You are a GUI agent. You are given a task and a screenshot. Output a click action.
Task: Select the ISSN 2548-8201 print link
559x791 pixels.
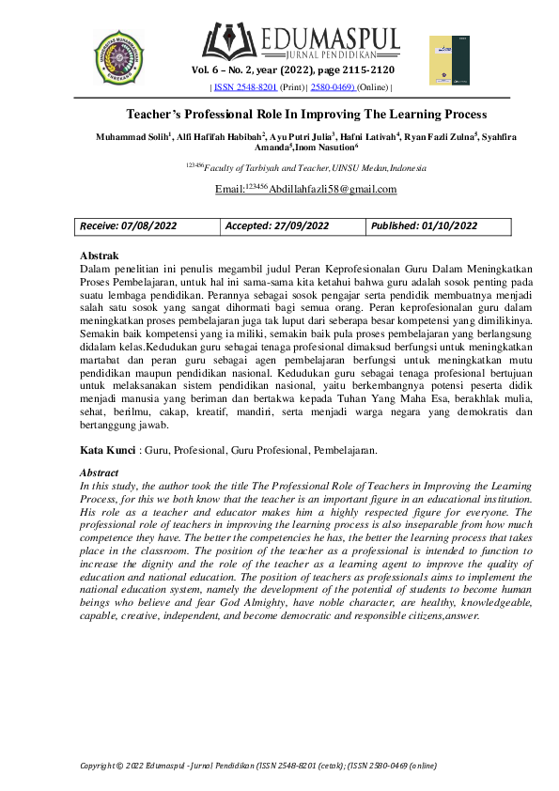click(x=246, y=87)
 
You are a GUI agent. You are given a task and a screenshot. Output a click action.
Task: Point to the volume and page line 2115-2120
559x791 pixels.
click(x=293, y=70)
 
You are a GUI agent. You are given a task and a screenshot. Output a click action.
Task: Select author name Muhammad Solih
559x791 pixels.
click(x=132, y=137)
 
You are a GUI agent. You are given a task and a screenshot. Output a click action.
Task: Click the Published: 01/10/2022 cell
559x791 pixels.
click(x=425, y=226)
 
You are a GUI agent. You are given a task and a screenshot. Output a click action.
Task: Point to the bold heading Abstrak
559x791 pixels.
click(x=99, y=256)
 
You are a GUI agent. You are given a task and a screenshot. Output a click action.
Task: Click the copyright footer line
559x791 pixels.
click(x=257, y=767)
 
